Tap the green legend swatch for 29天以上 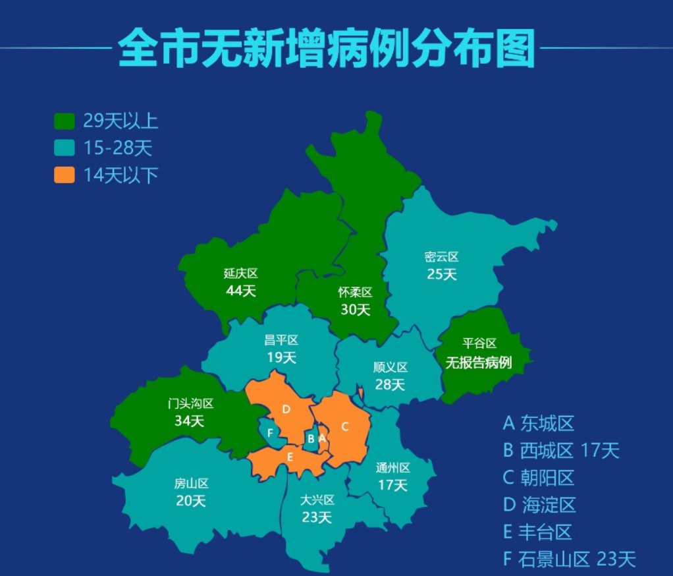coord(65,121)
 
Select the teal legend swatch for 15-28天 coord(65,148)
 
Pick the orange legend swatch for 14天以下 coord(65,175)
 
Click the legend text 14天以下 coord(121,175)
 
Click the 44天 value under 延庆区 coord(240,291)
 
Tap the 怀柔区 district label coord(356,292)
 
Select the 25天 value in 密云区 coord(442,274)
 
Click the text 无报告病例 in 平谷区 coord(479,362)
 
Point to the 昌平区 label coord(281,341)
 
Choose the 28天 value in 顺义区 coord(390,384)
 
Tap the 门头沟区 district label coord(190,403)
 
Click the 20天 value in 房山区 coord(191,501)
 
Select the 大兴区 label coord(317,500)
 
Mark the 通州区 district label coord(393,468)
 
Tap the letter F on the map coord(269,433)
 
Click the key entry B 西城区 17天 coord(561,451)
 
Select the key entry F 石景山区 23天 coord(569,560)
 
